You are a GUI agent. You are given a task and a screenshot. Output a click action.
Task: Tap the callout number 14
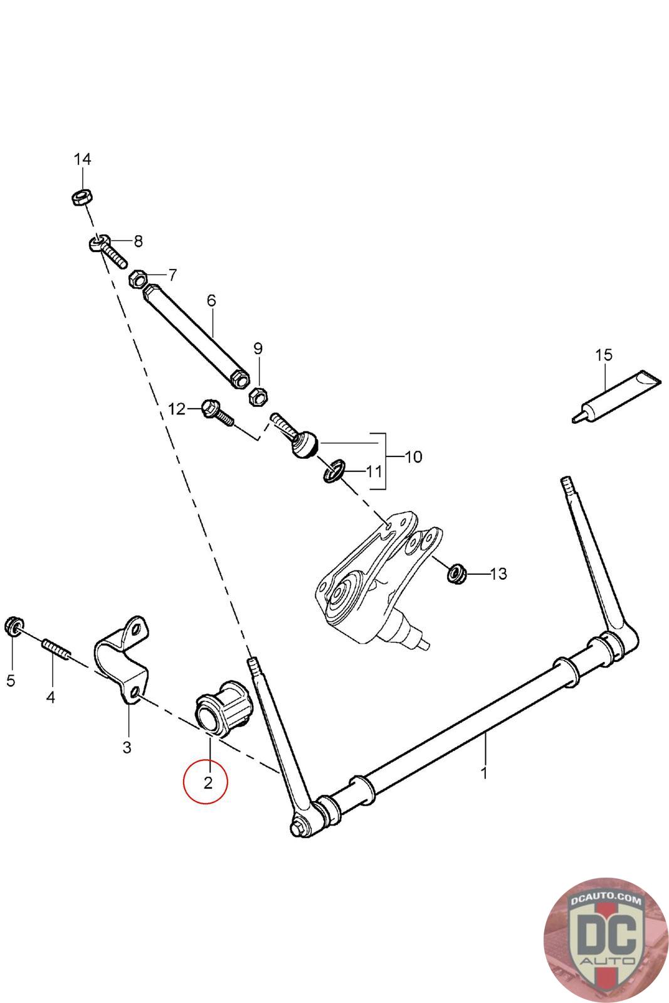pyautogui.click(x=82, y=159)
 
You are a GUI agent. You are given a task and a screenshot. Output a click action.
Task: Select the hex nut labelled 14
pyautogui.click(x=82, y=198)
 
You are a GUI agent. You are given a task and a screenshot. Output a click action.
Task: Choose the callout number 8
pyautogui.click(x=138, y=241)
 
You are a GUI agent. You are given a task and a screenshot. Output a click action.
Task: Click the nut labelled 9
pyautogui.click(x=258, y=396)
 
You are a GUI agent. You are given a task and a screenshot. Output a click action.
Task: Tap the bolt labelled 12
pyautogui.click(x=216, y=414)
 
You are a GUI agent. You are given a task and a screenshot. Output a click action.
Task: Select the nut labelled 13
pyautogui.click(x=456, y=573)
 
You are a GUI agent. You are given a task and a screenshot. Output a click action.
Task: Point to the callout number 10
pyautogui.click(x=413, y=456)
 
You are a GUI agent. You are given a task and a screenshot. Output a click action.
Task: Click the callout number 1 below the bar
pyautogui.click(x=483, y=773)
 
